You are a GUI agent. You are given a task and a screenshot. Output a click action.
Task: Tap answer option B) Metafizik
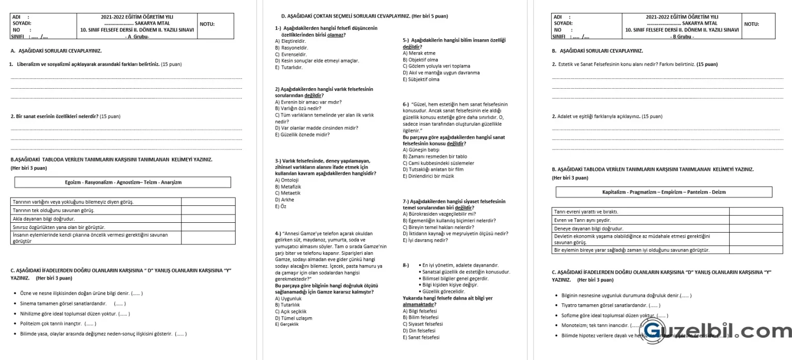click(289, 186)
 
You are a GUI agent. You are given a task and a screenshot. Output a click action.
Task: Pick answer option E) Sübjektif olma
click(421, 79)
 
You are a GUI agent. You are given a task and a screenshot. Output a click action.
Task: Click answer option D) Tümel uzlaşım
click(293, 318)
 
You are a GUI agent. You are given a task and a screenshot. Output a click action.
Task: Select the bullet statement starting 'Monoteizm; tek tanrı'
click(593, 325)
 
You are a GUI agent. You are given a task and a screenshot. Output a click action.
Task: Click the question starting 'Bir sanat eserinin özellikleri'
click(57, 116)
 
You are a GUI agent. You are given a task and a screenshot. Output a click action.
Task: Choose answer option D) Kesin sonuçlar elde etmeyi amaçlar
click(317, 60)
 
